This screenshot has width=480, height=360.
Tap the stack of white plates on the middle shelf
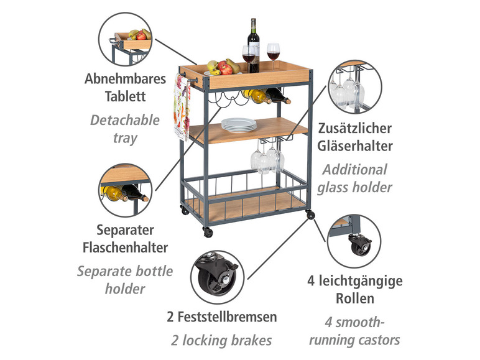[x=239, y=124]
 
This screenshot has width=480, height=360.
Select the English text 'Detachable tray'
[x=124, y=128]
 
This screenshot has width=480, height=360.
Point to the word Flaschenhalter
[x=126, y=247]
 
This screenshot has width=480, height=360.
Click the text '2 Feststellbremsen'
[x=221, y=316]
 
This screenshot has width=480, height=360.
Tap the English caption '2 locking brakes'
[x=221, y=339]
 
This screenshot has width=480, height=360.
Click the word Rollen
[x=354, y=298]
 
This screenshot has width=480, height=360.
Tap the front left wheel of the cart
[x=208, y=232]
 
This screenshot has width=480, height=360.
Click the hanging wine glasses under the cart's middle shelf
[x=267, y=157]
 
